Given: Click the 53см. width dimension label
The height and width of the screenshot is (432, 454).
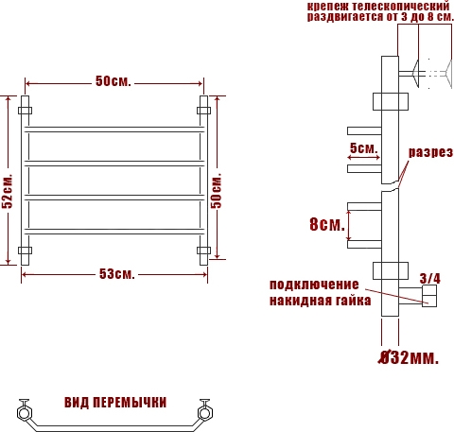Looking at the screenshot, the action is pos(117,274).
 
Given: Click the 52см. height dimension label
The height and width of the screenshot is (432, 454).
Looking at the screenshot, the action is pos(8,191).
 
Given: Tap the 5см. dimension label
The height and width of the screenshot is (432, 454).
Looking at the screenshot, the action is pos(363,147).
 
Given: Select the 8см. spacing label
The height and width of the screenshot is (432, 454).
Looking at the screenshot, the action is pos(327,224).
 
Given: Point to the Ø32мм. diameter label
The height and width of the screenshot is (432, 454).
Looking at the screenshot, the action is pos(409,357).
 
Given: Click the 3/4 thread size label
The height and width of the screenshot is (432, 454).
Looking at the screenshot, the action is pos(430,279).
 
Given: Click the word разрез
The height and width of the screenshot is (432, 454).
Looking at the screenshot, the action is pos(430,152).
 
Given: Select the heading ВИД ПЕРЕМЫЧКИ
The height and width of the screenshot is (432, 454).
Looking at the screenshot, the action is pos(115,403).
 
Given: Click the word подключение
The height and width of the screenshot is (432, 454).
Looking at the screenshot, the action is pos(314,285).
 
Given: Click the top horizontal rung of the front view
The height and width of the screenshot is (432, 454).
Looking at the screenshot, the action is pos(114,130).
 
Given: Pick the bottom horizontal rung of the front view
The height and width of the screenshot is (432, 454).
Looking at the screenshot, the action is pos(114,232).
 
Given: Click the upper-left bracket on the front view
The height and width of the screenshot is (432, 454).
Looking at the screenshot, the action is pos(25,111).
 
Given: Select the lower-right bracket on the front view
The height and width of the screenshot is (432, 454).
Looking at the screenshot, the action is pos(203,251).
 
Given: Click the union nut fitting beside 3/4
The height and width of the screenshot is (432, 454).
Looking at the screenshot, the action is pos(429,296).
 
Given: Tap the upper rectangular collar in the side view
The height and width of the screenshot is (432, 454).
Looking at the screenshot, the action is pos(391,101).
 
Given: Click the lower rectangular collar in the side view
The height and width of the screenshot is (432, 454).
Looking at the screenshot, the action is pos(391,270).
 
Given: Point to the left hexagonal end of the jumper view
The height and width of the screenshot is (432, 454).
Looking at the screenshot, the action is pos(24,413).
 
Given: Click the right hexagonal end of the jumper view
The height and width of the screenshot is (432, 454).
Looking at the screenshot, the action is pos(204,413).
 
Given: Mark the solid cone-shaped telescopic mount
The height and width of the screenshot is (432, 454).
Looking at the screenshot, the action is pos(415,74).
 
